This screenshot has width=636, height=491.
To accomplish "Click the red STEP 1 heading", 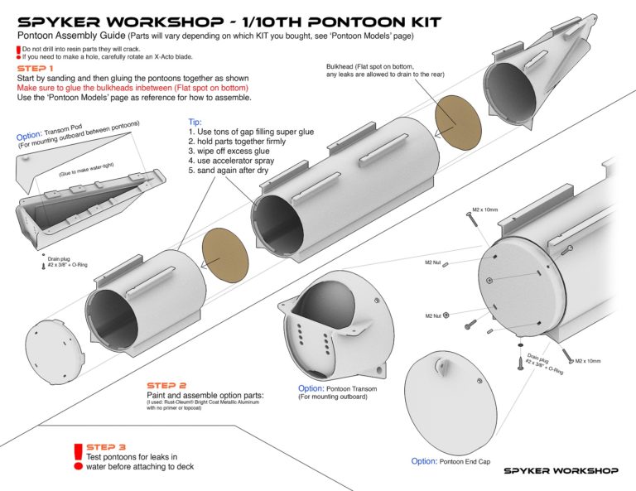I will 36,68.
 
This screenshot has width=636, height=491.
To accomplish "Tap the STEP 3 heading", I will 107,446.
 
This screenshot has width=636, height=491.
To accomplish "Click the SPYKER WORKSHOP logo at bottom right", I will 561,470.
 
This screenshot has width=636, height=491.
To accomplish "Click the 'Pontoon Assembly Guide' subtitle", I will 70,36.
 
